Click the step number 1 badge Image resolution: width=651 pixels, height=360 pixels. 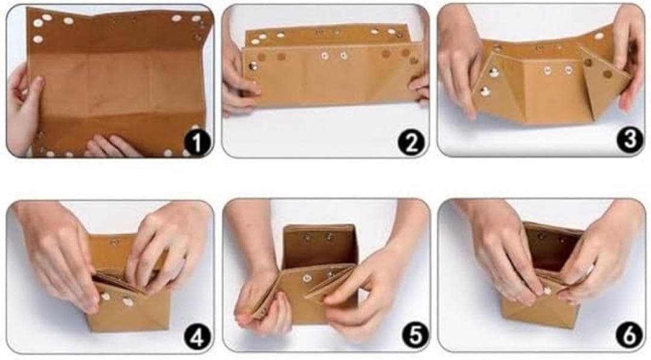coord(197,142)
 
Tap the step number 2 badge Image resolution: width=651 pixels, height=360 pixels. coord(411,142)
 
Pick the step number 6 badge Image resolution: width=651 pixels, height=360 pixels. coord(629,335)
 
